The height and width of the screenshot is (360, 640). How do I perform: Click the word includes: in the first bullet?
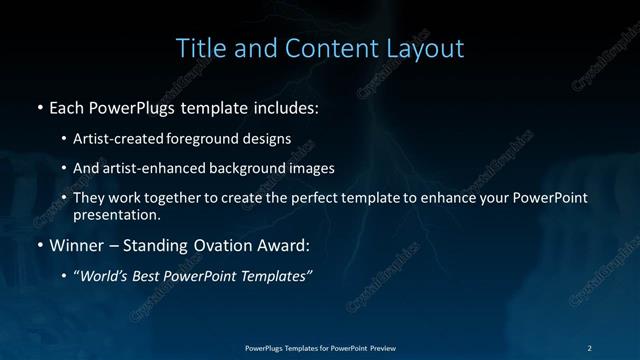pyautogui.click(x=284, y=105)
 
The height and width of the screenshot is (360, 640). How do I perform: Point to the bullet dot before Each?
pyautogui.click(x=39, y=106)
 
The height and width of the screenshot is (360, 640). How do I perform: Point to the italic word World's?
pyautogui.click(x=105, y=276)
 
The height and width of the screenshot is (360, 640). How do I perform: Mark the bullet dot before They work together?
pyautogui.click(x=64, y=198)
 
